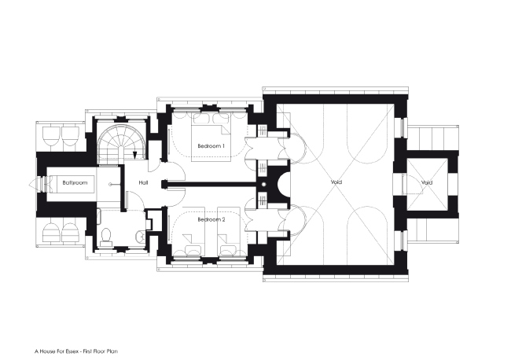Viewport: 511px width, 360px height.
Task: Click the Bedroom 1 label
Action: click(211, 146)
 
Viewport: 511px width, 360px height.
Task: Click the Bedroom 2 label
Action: click(211, 219)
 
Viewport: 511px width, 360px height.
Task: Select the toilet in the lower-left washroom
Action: click(107, 236)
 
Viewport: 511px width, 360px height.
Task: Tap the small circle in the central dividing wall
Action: click(265, 185)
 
